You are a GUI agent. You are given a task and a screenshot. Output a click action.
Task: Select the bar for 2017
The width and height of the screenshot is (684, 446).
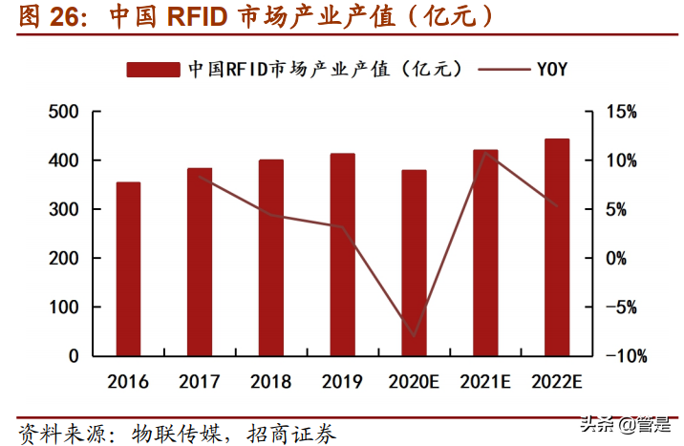click(200, 262)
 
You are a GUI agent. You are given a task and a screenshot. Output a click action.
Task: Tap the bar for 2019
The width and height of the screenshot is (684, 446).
click(342, 255)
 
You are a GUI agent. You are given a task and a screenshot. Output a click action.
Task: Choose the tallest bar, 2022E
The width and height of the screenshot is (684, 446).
click(557, 247)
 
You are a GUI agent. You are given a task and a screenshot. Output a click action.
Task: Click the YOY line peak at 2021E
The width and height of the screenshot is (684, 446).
click(486, 153)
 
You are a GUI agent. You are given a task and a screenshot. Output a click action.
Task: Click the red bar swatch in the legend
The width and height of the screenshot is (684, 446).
click(152, 69)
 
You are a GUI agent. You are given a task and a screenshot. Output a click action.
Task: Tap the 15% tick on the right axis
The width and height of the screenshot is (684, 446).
click(621, 112)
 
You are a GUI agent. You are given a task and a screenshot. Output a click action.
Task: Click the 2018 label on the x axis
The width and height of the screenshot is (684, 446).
click(270, 382)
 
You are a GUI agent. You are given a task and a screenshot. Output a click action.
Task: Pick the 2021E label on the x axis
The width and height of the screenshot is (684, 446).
click(485, 382)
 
